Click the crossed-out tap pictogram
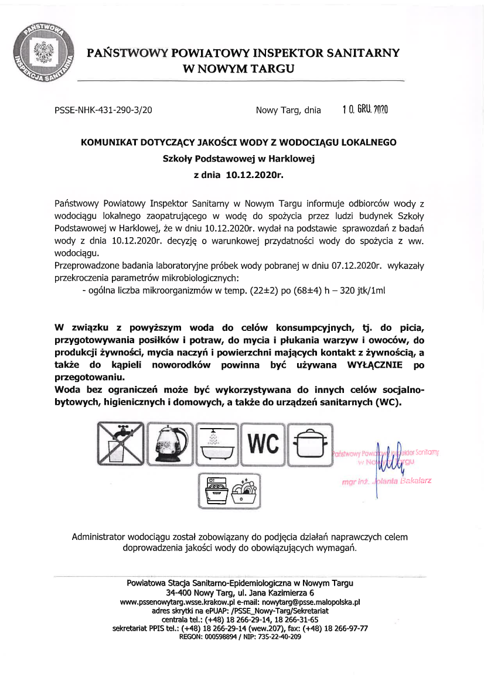(x=121, y=444)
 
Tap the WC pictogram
(x=264, y=444)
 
